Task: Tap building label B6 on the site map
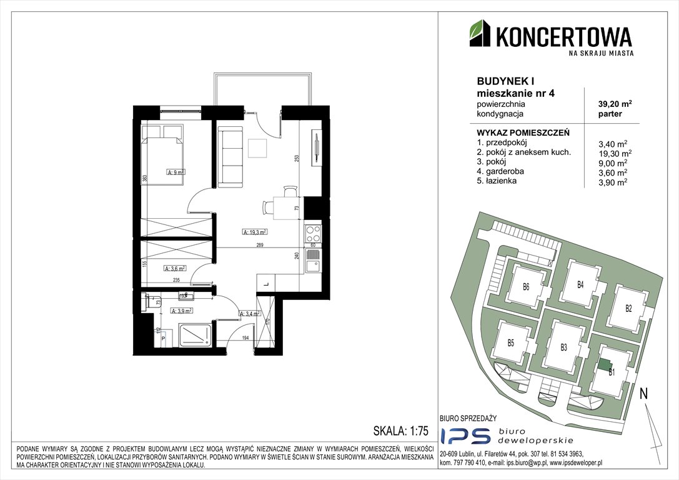tap(526, 288)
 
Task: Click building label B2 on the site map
tap(629, 307)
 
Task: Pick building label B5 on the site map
tap(510, 342)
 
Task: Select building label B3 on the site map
tap(563, 347)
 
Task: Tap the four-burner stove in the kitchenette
tap(312, 235)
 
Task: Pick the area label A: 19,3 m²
tap(254, 231)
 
